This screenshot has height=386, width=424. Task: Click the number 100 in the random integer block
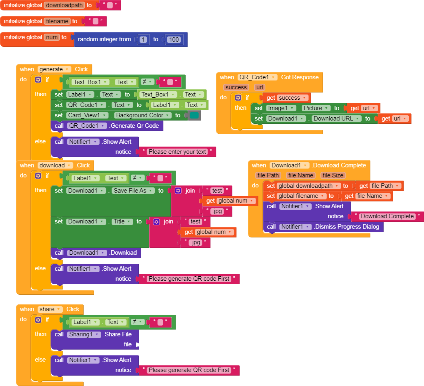point(174,40)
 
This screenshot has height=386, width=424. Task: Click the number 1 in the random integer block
point(144,40)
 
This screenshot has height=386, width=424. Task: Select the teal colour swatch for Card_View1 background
point(194,115)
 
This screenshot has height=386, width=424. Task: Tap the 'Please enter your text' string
point(177,152)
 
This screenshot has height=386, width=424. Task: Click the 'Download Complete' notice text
point(387,216)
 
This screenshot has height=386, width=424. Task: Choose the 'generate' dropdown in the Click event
point(54,69)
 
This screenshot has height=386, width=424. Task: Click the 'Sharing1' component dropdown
point(84,334)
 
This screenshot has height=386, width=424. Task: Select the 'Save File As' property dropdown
point(133,191)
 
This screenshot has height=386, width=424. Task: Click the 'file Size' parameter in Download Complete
point(333,175)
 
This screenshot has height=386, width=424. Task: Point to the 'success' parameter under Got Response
point(236,87)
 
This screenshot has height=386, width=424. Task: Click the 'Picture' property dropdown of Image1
point(316,108)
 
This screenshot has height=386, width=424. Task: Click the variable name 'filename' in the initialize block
point(57,21)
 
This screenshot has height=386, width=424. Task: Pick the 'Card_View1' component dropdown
point(88,115)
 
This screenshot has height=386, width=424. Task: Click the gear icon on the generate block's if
point(38,80)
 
